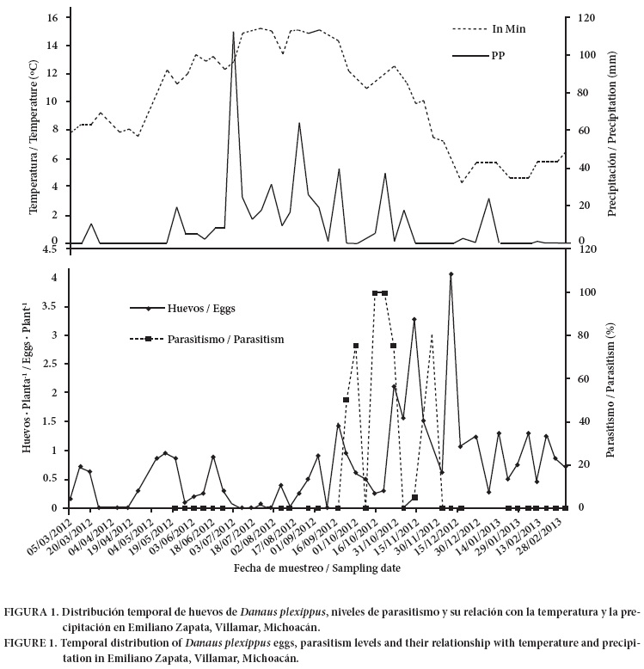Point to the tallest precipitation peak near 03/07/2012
pyautogui.click(x=233, y=33)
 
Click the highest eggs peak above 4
pyautogui.click(x=451, y=274)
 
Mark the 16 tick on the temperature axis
pyautogui.click(x=53, y=17)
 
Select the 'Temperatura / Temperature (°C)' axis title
pyautogui.click(x=34, y=129)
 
